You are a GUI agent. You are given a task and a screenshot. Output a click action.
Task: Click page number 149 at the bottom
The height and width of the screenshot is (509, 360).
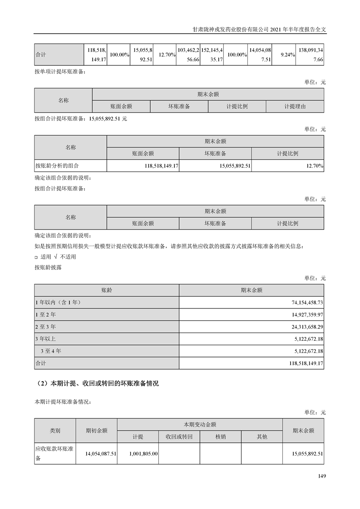coord(322,476)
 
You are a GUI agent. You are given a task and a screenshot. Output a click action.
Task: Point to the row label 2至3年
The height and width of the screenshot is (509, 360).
coord(45,326)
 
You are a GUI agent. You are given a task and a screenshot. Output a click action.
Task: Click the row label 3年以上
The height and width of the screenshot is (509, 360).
coord(45,338)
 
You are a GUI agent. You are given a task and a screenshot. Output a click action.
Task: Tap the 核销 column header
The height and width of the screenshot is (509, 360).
coord(220,436)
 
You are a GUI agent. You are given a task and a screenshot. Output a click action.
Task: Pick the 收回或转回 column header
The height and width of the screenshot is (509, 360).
coord(179,436)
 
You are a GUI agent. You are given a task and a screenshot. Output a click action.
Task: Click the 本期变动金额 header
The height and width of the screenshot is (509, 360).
coord(199,424)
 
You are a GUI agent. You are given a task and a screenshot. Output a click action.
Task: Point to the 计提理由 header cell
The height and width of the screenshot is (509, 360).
coord(295,106)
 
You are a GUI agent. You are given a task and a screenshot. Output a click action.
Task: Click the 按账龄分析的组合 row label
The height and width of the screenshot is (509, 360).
coord(59,166)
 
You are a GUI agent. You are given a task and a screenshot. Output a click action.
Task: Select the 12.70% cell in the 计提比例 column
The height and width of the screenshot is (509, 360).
coord(314,166)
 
